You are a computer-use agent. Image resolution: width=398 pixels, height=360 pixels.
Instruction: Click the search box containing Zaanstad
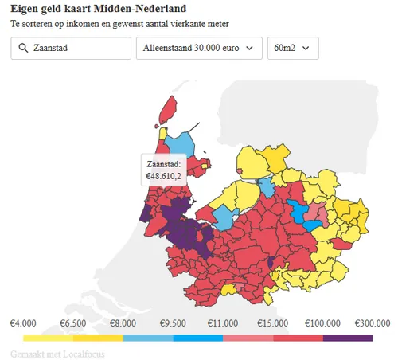[x=72, y=49]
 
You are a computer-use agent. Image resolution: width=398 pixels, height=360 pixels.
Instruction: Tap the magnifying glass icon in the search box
[x=22, y=49]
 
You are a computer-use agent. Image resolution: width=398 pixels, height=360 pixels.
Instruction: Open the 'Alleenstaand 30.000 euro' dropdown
[x=199, y=49]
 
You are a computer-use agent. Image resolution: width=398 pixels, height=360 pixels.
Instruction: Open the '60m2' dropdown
[x=293, y=49]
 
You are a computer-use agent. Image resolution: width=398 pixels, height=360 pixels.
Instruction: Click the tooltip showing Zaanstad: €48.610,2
[x=164, y=169]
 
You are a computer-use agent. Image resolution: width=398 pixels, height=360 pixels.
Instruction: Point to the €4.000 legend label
[x=23, y=323]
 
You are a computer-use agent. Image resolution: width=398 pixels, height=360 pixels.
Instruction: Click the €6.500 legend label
[x=73, y=323]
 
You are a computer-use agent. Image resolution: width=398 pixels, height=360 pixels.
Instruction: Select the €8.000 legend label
[x=123, y=323]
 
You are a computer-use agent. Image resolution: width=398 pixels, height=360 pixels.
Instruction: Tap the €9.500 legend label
[x=173, y=323]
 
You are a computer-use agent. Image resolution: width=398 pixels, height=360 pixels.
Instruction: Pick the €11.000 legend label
[x=223, y=323]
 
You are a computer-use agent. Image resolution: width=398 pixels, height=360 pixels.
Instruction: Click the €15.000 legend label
[x=273, y=323]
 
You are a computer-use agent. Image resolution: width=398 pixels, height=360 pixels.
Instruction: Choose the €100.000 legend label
[x=322, y=323]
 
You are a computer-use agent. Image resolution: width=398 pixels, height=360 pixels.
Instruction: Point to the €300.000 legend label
[x=373, y=323]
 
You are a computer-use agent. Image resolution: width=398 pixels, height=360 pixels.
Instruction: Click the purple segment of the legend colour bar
[x=348, y=338]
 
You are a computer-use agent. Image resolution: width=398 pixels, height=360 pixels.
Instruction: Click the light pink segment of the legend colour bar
[x=248, y=338]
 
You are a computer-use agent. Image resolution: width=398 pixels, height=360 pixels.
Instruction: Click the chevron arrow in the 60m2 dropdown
[x=307, y=49]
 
